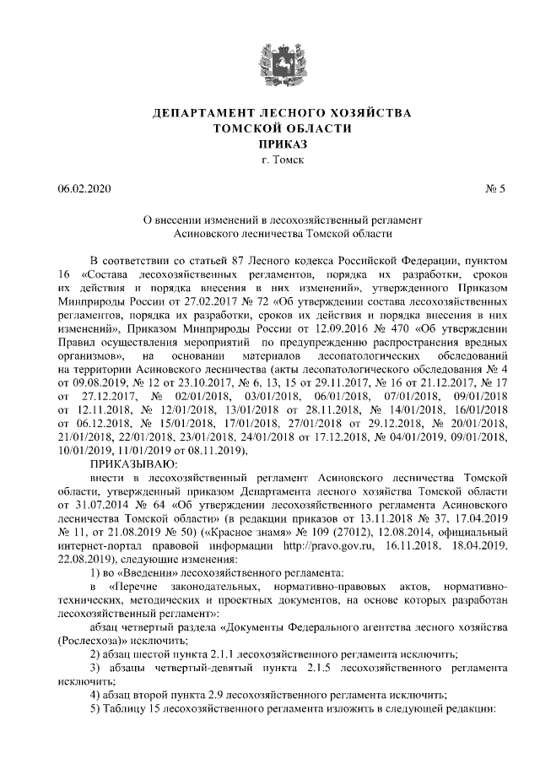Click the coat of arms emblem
coord(270,58)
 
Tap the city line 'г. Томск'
coord(270,160)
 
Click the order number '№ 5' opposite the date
coord(495,188)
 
